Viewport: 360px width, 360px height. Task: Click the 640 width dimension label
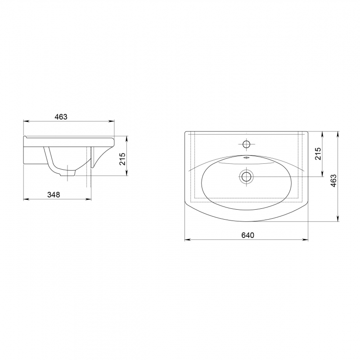(x=248, y=235)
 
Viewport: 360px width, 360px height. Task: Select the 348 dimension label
(x=54, y=195)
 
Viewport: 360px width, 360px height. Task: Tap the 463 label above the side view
(x=61, y=117)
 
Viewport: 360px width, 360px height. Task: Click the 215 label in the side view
(x=122, y=159)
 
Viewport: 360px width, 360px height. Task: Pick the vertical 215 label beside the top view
(x=318, y=154)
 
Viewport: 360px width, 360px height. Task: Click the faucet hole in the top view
(x=246, y=144)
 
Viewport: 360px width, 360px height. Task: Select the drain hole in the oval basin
(x=246, y=176)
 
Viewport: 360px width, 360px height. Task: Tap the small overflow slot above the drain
(x=246, y=158)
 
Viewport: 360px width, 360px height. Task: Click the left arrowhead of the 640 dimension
(x=187, y=240)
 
